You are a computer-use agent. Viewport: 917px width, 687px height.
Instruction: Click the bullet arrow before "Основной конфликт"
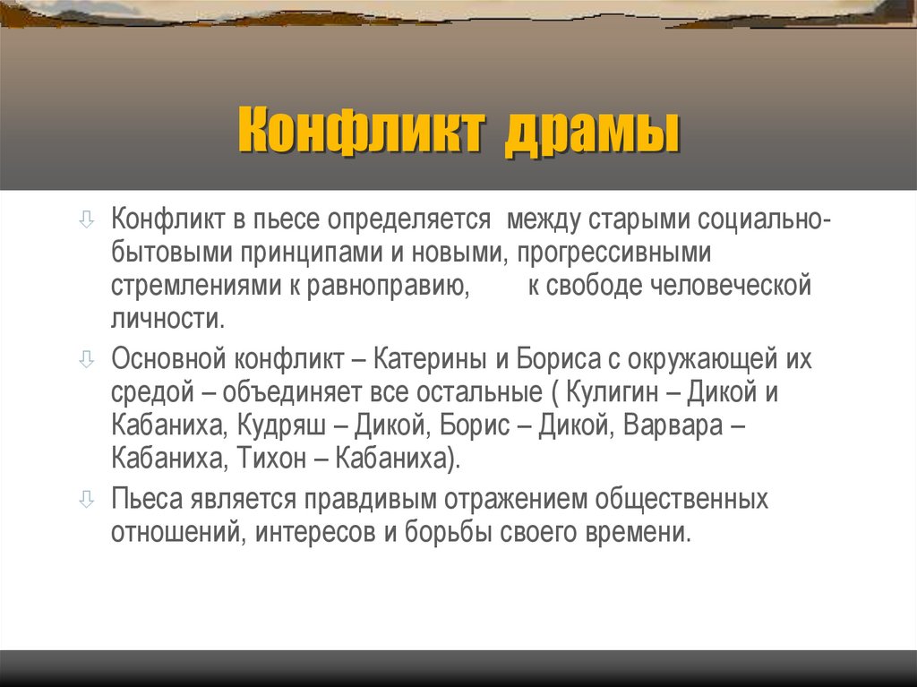(86, 360)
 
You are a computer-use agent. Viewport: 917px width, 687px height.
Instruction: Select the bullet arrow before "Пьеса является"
(86, 497)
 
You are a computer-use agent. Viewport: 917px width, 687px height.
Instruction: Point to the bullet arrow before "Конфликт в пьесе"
(86, 219)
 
